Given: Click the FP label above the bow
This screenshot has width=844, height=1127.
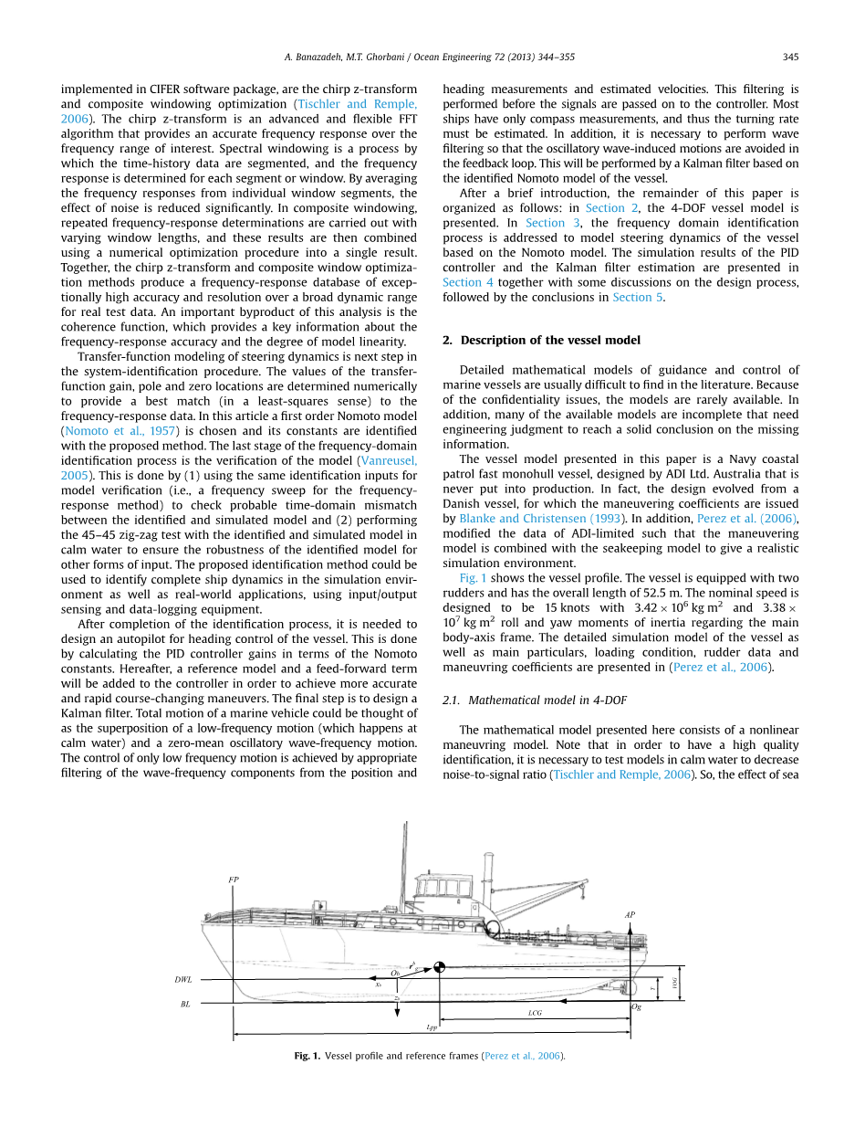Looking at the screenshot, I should pyautogui.click(x=234, y=879).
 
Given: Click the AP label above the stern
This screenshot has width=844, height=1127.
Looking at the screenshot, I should pyautogui.click(x=630, y=914).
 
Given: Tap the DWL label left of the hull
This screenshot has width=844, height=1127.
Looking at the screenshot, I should pyautogui.click(x=183, y=980).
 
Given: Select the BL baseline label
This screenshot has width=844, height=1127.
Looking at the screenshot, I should pyautogui.click(x=185, y=1004).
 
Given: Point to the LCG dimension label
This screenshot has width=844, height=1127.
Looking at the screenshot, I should pyautogui.click(x=535, y=1013).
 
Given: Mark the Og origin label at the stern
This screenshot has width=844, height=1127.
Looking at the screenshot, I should pyautogui.click(x=637, y=1007).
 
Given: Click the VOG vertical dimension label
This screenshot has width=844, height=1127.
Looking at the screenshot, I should pyautogui.click(x=675, y=984).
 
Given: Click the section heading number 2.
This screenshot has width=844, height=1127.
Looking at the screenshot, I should pyautogui.click(x=447, y=341).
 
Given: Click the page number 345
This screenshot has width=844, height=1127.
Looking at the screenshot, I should pyautogui.click(x=790, y=57).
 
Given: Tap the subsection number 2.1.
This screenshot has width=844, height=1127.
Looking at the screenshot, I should pyautogui.click(x=453, y=700).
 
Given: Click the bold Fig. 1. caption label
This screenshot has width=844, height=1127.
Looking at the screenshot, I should pyautogui.click(x=307, y=1056).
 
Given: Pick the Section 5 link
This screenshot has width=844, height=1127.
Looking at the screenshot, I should pyautogui.click(x=631, y=297).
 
